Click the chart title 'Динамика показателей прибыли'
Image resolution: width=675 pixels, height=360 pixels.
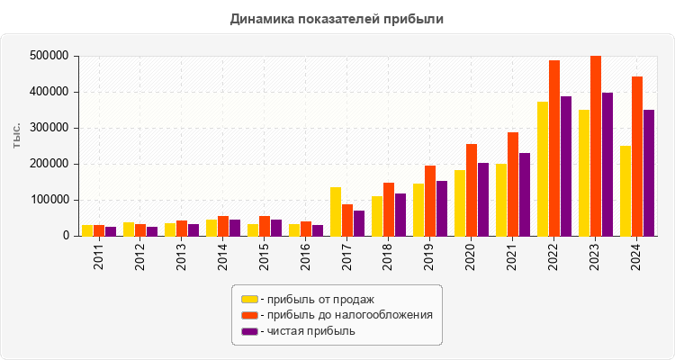pos(337,18)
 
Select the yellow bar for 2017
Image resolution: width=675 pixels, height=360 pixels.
pos(336,211)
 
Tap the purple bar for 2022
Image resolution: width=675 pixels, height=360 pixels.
pos(566,166)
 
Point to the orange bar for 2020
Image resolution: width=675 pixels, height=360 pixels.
pos(472,190)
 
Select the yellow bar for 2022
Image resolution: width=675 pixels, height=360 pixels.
pos(543,169)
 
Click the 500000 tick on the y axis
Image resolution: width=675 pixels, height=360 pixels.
pos(49,56)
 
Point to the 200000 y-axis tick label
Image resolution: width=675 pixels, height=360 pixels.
pos(49,164)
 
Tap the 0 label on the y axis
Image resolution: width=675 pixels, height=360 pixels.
pos(66,236)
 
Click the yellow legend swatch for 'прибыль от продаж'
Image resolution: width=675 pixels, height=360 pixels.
pos(249,299)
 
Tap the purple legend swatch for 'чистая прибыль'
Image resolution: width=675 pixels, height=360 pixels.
pos(249,331)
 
